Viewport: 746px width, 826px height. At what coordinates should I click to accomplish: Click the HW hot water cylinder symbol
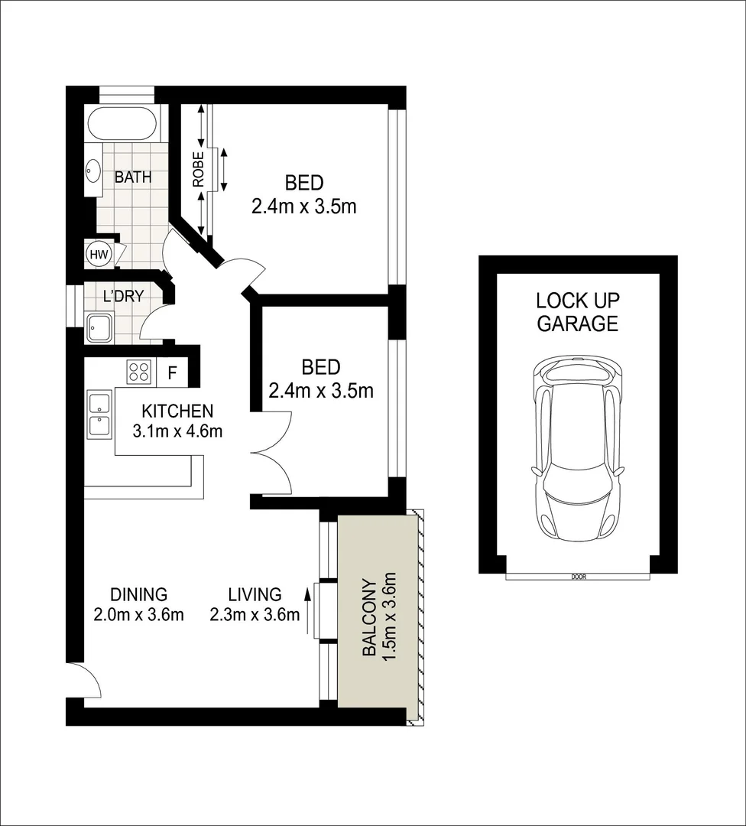click(x=98, y=254)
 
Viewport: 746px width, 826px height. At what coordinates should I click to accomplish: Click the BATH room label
click(x=133, y=177)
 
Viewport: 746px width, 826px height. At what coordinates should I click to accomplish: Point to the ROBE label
click(x=198, y=170)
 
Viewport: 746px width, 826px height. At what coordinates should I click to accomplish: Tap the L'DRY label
click(x=124, y=297)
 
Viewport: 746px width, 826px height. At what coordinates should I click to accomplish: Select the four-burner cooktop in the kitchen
click(x=139, y=372)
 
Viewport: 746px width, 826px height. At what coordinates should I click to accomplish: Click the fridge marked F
click(x=173, y=373)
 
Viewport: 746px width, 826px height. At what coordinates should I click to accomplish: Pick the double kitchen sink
click(x=99, y=414)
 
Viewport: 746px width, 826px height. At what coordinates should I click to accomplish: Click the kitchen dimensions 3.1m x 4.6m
click(x=177, y=431)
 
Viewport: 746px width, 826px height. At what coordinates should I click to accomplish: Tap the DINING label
click(x=138, y=594)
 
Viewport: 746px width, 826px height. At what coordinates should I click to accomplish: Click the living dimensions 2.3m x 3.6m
click(x=255, y=615)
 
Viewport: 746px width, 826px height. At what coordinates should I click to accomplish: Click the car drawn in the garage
click(x=578, y=448)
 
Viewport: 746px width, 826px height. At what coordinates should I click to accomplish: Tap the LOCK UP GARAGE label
click(x=577, y=311)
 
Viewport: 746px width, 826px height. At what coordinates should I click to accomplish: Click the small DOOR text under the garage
click(x=579, y=577)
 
